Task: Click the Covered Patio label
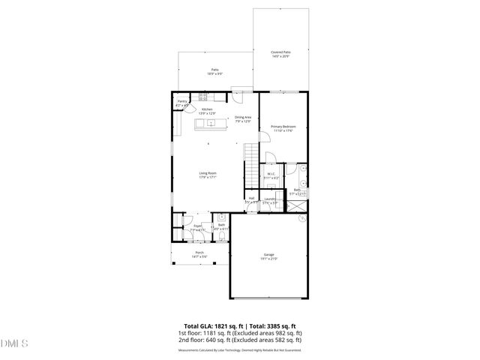coord(280,52)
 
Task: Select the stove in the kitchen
coord(203,96)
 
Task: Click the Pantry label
coord(182,101)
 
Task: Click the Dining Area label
coord(243,117)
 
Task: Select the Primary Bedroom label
coord(283,126)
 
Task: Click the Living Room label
coord(208,174)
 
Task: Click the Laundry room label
coord(271,199)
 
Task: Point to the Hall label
coord(251,199)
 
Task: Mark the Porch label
coord(199,253)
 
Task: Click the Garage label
coord(268,255)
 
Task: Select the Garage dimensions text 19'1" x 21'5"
coord(268,259)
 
